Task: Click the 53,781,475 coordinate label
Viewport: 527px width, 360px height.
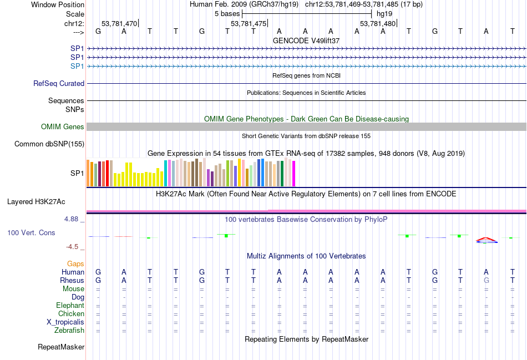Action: [249, 23]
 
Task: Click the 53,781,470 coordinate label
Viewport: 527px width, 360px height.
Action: [119, 23]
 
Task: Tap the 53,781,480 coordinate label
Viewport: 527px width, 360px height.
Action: [378, 23]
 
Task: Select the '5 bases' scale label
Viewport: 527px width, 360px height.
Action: [227, 13]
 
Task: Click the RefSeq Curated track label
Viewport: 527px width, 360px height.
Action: [59, 83]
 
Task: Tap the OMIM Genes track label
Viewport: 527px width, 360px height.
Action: [63, 127]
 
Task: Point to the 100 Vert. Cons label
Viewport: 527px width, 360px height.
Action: [31, 232]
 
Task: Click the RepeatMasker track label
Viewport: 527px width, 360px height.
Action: [61, 347]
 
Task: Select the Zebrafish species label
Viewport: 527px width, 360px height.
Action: [69, 331]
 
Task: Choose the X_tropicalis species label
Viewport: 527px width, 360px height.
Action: [65, 322]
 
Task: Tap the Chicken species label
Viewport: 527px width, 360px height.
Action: [71, 314]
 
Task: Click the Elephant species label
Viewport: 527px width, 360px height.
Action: [70, 306]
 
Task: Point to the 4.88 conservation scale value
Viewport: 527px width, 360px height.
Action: [72, 219]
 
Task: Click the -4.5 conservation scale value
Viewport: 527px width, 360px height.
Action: [73, 247]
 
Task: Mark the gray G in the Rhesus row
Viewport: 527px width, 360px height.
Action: [487, 281]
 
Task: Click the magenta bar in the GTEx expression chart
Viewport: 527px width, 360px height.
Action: [293, 173]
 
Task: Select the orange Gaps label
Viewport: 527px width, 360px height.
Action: [75, 263]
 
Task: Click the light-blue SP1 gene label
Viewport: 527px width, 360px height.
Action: [77, 66]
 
